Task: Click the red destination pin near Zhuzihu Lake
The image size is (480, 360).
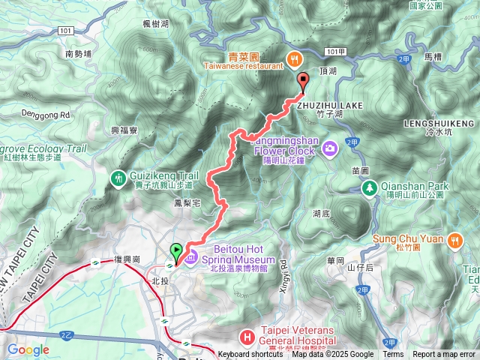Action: [303, 82]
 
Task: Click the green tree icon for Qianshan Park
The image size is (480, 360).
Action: [368, 187]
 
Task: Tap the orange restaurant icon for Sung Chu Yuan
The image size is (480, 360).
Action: [454, 240]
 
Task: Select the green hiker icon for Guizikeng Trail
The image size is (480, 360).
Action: [118, 178]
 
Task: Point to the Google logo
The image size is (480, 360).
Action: [28, 349]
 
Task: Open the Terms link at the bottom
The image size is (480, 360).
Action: [393, 355]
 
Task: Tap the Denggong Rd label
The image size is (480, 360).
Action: [45, 115]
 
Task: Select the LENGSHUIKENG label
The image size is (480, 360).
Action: [439, 122]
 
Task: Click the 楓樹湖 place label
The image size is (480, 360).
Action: [156, 24]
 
